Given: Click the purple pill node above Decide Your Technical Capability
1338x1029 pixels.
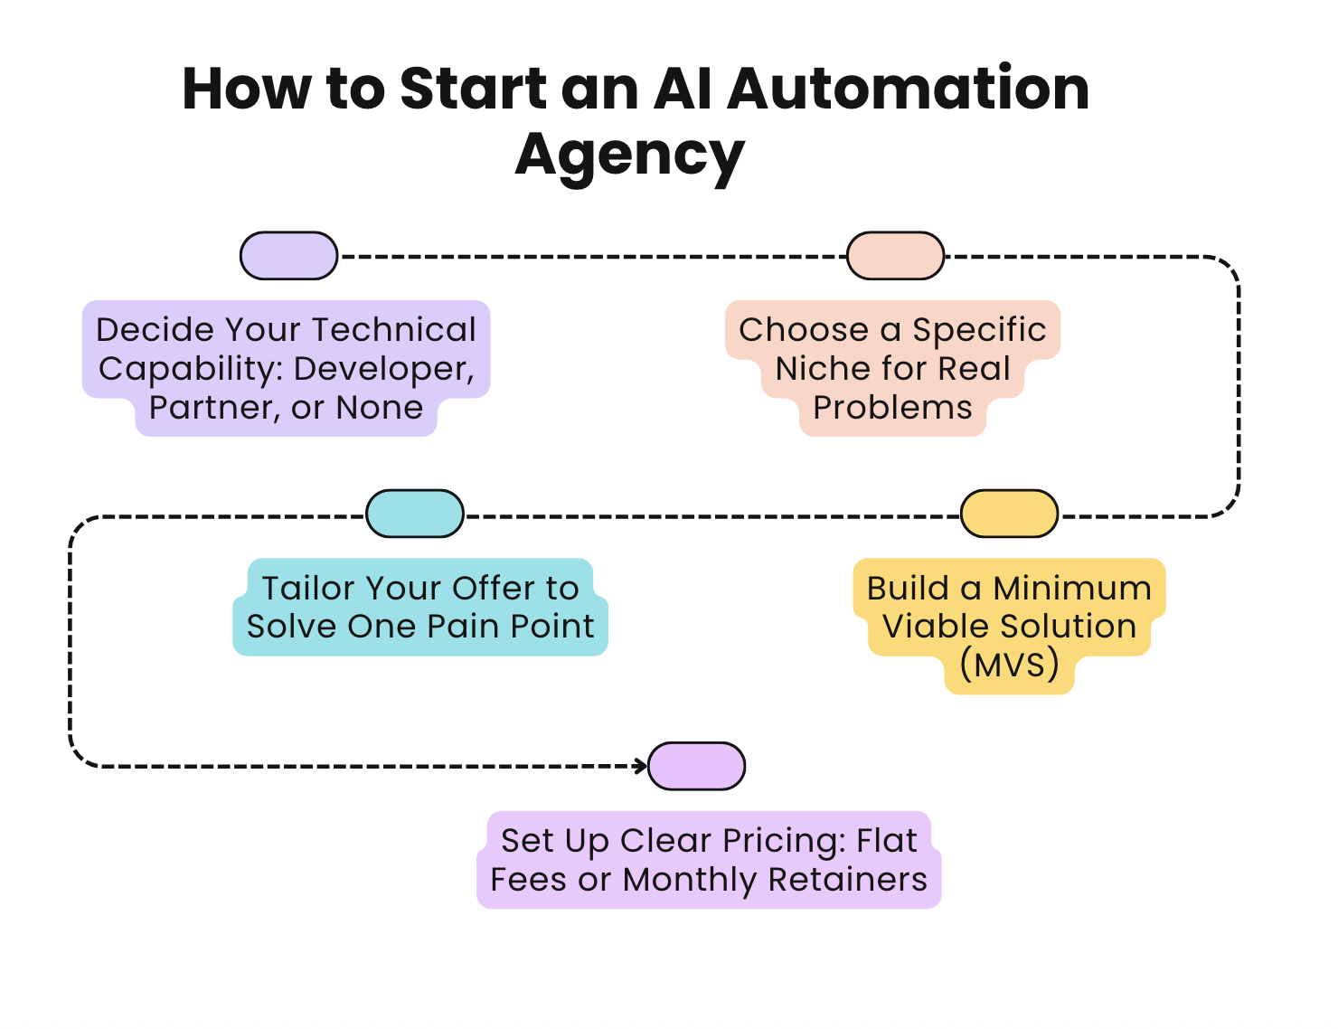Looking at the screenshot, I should (288, 256).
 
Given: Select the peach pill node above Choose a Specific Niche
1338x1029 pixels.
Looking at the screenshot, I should (895, 256).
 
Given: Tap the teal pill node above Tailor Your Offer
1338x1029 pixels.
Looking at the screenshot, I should (415, 514).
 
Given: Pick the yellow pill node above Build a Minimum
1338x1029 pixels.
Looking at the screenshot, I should (1009, 514).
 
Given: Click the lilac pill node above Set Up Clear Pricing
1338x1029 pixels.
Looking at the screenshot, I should (697, 766).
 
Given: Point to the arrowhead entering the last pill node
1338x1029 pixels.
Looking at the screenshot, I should (641, 766).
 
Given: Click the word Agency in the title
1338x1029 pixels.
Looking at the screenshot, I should (630, 155).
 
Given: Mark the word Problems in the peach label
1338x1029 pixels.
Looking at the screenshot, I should (892, 408).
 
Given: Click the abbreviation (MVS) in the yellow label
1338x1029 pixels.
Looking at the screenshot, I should (1009, 665).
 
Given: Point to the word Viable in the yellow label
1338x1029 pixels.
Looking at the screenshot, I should (934, 626).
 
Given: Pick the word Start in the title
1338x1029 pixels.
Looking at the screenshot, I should (473, 89).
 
